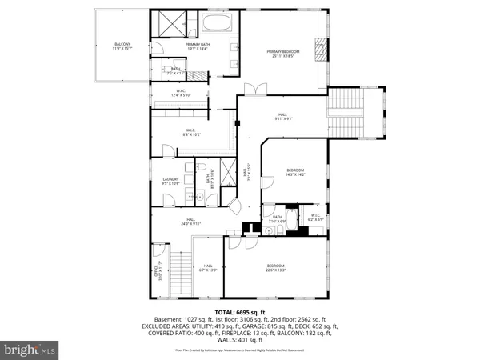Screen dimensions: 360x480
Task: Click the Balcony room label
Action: point(122,46)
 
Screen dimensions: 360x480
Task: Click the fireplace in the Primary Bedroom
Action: point(322,50)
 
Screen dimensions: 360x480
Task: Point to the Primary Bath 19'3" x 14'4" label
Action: point(198,46)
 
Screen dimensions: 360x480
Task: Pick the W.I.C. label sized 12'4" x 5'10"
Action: point(181,94)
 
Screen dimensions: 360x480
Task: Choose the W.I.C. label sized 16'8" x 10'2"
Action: point(191,133)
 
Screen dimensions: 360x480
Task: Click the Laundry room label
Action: point(170,182)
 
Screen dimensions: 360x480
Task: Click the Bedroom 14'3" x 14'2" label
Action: point(296,173)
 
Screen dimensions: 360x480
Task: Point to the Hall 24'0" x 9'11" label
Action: point(191,222)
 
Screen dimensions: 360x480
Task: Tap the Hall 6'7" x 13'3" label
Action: point(208,268)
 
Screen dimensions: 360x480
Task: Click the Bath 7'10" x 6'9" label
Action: point(278,218)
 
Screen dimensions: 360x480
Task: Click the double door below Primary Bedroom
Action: point(254,87)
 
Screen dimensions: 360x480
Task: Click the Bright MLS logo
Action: point(30,349)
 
